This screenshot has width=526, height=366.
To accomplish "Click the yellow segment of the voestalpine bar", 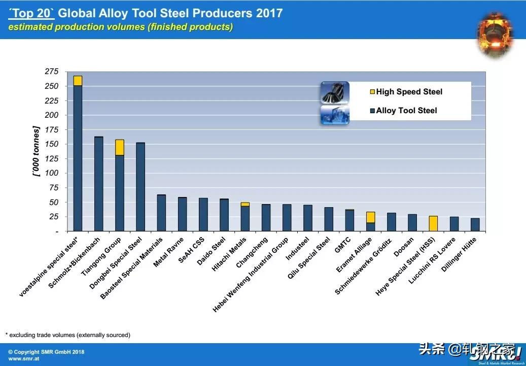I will click(x=78, y=81).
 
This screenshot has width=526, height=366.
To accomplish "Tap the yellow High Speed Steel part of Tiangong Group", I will click(x=120, y=147).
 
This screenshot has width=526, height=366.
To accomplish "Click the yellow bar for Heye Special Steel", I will click(x=433, y=224).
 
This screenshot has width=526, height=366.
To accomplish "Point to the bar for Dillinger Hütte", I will click(x=475, y=225).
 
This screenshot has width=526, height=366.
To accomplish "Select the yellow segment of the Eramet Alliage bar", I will click(x=371, y=217).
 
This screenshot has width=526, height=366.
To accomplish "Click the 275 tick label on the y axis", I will click(x=52, y=72).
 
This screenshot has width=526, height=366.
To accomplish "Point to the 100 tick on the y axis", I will click(x=52, y=173).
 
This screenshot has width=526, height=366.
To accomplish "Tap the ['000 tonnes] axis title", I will click(x=36, y=151).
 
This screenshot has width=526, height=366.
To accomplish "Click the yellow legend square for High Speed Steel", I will click(x=372, y=92).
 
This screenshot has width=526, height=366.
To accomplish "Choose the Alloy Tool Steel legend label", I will click(x=406, y=111).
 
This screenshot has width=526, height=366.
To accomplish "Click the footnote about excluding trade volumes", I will click(x=68, y=335).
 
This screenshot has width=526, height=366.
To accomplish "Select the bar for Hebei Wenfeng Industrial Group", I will click(x=287, y=218).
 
